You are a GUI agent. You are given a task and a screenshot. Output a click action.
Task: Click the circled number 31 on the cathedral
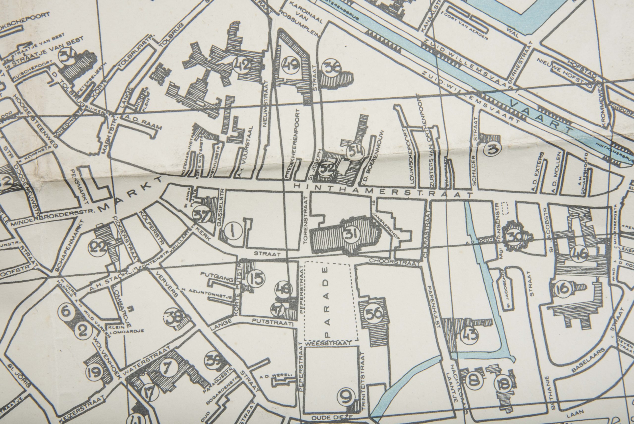pyautogui.click(x=352, y=234)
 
